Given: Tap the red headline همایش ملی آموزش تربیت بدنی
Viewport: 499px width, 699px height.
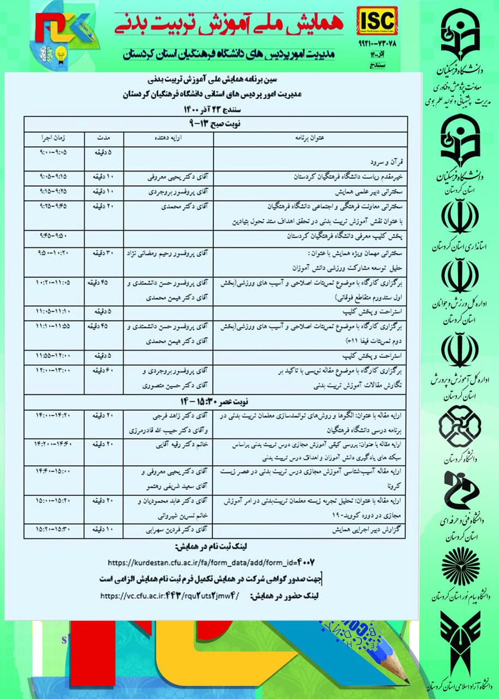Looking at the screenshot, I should click(236, 23).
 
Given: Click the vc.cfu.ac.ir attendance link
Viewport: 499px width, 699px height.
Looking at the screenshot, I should click(170, 596).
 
